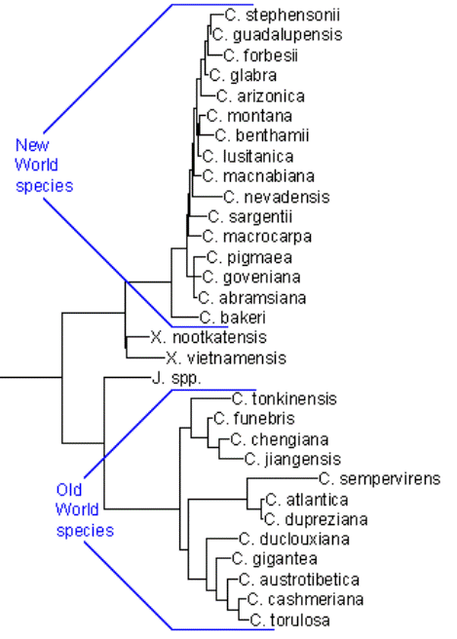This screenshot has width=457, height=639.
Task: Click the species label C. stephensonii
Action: [283, 15]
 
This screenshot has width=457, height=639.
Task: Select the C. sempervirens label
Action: [380, 479]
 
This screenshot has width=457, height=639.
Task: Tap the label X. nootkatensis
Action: [209, 337]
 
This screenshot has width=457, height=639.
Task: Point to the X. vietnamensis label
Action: [226, 358]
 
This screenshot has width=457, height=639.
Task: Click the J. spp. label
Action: [176, 379]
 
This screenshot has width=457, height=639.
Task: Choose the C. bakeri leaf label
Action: [232, 318]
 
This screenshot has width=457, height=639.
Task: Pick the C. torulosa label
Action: [289, 620]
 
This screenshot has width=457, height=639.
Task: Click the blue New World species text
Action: [44, 165]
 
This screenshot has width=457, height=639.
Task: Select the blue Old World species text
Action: [85, 509]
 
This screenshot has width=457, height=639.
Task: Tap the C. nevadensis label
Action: [277, 197]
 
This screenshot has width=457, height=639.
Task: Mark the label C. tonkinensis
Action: [285, 399]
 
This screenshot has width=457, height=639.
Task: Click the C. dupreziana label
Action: [316, 519]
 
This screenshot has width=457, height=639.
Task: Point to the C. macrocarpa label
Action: [257, 237]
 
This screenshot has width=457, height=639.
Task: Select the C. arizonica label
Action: [260, 96]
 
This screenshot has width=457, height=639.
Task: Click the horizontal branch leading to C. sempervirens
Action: [283, 478]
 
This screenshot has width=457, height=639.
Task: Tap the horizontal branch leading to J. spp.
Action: [128, 378]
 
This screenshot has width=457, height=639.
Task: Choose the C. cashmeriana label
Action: [305, 599]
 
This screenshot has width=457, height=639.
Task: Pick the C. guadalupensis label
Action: [277, 35]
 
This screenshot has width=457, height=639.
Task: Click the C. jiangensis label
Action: [292, 460]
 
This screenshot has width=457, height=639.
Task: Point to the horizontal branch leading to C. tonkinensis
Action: [211, 398]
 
